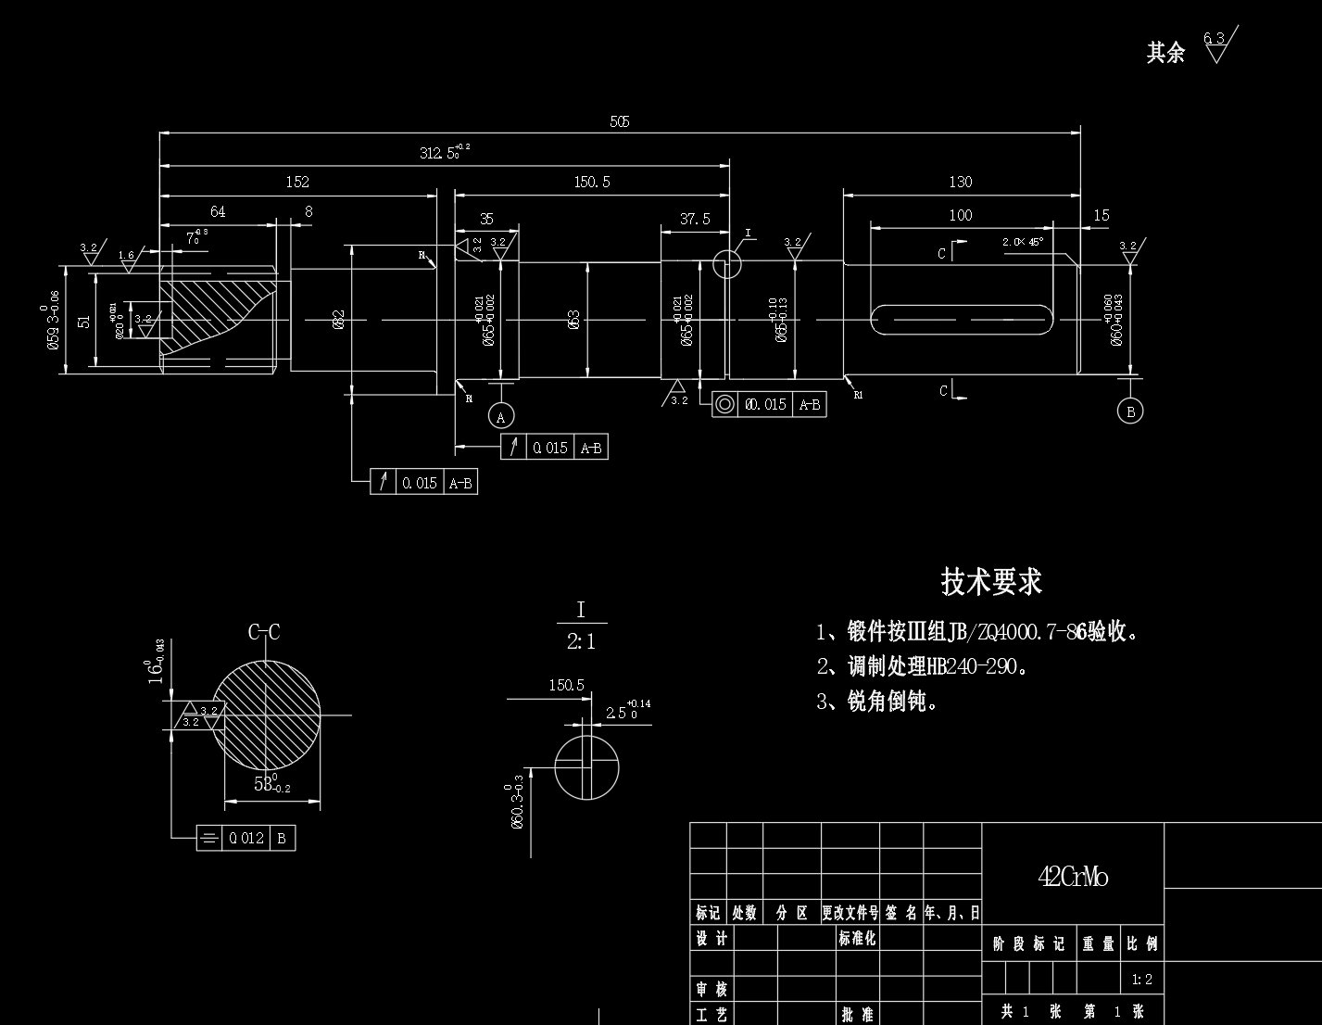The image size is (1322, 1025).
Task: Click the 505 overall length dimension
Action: click(620, 121)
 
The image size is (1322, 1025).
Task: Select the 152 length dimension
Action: click(297, 182)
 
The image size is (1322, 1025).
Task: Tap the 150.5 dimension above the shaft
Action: click(592, 182)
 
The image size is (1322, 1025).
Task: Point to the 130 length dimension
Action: click(961, 182)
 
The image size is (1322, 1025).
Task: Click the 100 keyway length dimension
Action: click(961, 215)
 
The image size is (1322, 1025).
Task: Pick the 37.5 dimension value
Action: click(695, 219)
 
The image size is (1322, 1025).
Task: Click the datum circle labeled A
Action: click(501, 416)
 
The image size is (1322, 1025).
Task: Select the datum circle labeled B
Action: click(1129, 411)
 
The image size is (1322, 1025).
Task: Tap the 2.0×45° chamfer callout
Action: click(1023, 242)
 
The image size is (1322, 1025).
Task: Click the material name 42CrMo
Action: click(1073, 877)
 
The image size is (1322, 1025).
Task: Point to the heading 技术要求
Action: click(991, 582)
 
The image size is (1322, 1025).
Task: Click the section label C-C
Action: click(264, 632)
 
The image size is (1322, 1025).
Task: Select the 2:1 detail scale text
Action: click(581, 640)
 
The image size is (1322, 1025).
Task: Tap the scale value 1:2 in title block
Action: click(1142, 979)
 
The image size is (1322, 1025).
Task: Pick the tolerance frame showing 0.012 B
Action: click(246, 838)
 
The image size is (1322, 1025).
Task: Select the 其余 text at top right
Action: click(1165, 53)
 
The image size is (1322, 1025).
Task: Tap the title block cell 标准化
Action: click(857, 938)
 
